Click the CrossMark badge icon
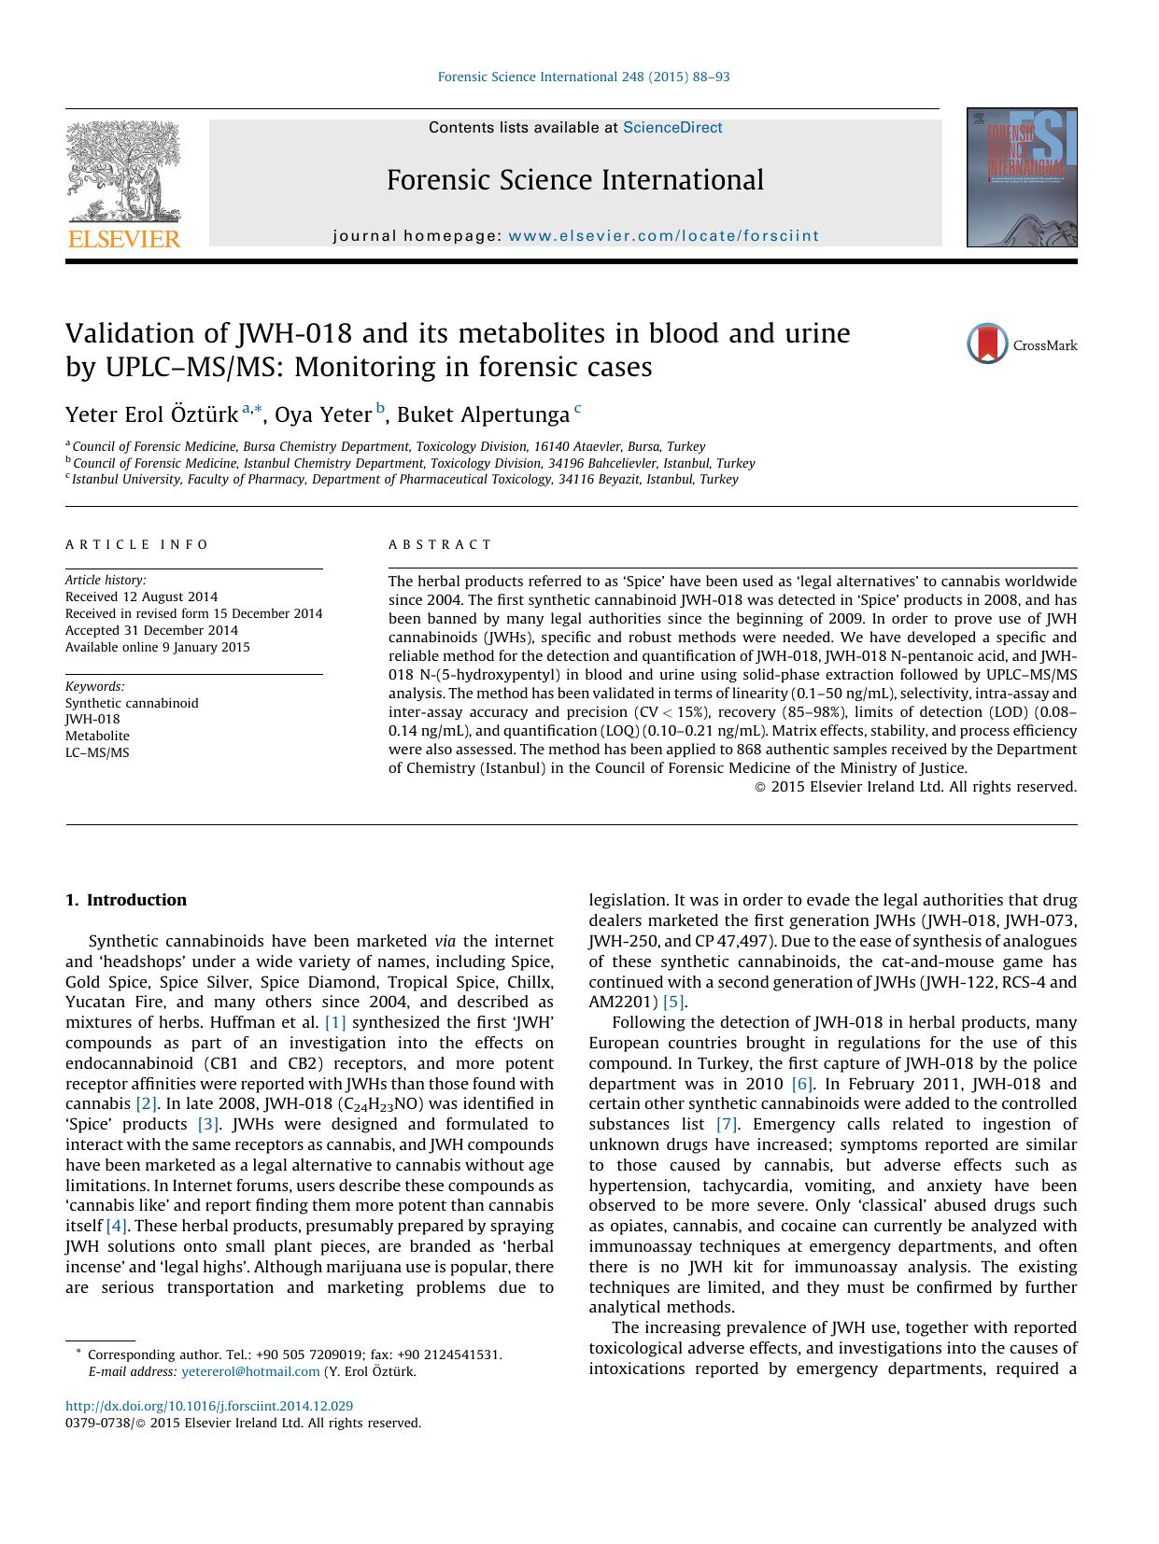click(x=987, y=344)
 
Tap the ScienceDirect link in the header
click(x=672, y=128)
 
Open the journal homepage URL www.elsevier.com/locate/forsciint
click(x=663, y=236)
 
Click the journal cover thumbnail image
click(x=1021, y=177)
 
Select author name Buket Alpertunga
click(x=483, y=414)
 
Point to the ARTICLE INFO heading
click(x=138, y=544)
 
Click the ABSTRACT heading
click(x=440, y=544)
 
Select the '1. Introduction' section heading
click(x=126, y=900)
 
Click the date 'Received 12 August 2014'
click(x=141, y=597)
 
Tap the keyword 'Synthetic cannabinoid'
click(x=132, y=703)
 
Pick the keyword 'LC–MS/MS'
click(x=97, y=752)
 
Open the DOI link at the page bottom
click(x=209, y=1406)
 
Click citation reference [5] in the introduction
click(x=673, y=1003)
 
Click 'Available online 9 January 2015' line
click(x=158, y=647)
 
